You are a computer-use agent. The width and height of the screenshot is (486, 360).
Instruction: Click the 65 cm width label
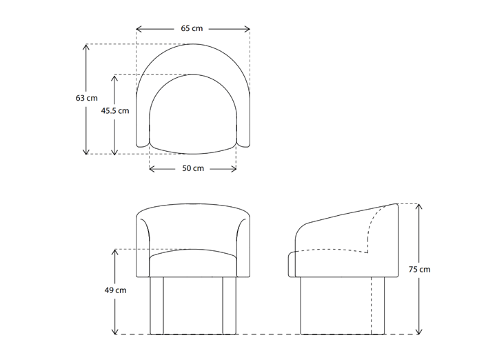tap(193, 29)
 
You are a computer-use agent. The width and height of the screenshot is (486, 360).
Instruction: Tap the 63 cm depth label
tap(87, 99)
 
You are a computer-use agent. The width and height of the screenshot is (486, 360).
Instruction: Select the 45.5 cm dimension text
tap(115, 110)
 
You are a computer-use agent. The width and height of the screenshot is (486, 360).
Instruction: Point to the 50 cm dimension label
tap(193, 168)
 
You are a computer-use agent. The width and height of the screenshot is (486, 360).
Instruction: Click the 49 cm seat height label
tap(116, 290)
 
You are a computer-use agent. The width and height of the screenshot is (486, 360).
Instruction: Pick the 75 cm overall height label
tap(419, 269)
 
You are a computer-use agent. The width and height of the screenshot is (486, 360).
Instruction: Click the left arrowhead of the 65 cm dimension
tap(138, 29)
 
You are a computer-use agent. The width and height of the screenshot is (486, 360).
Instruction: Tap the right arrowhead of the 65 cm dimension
tap(248, 29)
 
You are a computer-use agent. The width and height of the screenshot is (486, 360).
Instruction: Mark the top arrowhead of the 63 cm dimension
tap(87, 46)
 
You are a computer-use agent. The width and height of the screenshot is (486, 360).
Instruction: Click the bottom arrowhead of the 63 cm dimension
tap(87, 152)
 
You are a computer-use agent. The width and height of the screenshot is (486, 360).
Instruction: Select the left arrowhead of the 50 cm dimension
tap(151, 168)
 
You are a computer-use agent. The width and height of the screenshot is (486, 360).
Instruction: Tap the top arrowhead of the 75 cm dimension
tap(419, 206)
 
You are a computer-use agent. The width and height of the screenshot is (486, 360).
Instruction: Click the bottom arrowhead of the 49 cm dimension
tap(116, 332)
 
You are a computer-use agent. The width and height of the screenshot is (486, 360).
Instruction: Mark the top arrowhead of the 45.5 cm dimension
tap(116, 77)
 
